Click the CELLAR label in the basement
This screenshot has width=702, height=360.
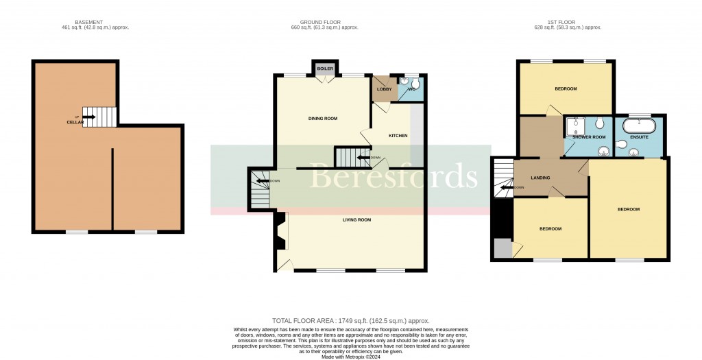[75, 122]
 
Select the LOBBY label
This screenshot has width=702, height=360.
[383, 89]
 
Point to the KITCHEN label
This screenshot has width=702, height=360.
[398, 136]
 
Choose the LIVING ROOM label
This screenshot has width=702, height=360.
[356, 220]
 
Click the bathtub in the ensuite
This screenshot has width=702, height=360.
[640, 125]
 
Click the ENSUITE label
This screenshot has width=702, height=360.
[639, 137]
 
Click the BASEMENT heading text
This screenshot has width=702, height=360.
[95, 22]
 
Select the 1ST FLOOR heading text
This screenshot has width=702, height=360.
[568, 22]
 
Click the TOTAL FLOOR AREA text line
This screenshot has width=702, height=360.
[350, 320]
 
